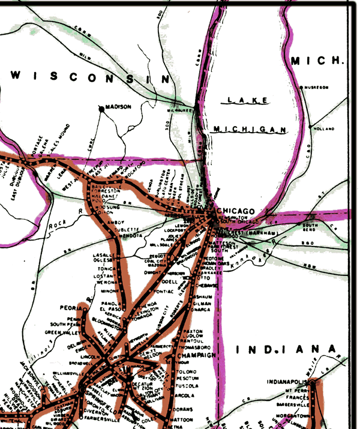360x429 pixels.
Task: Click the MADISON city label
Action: (x=118, y=107)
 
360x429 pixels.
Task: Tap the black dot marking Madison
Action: (x=101, y=109)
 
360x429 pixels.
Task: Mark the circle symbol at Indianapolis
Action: (x=313, y=382)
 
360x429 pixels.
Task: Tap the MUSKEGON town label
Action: (x=317, y=88)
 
